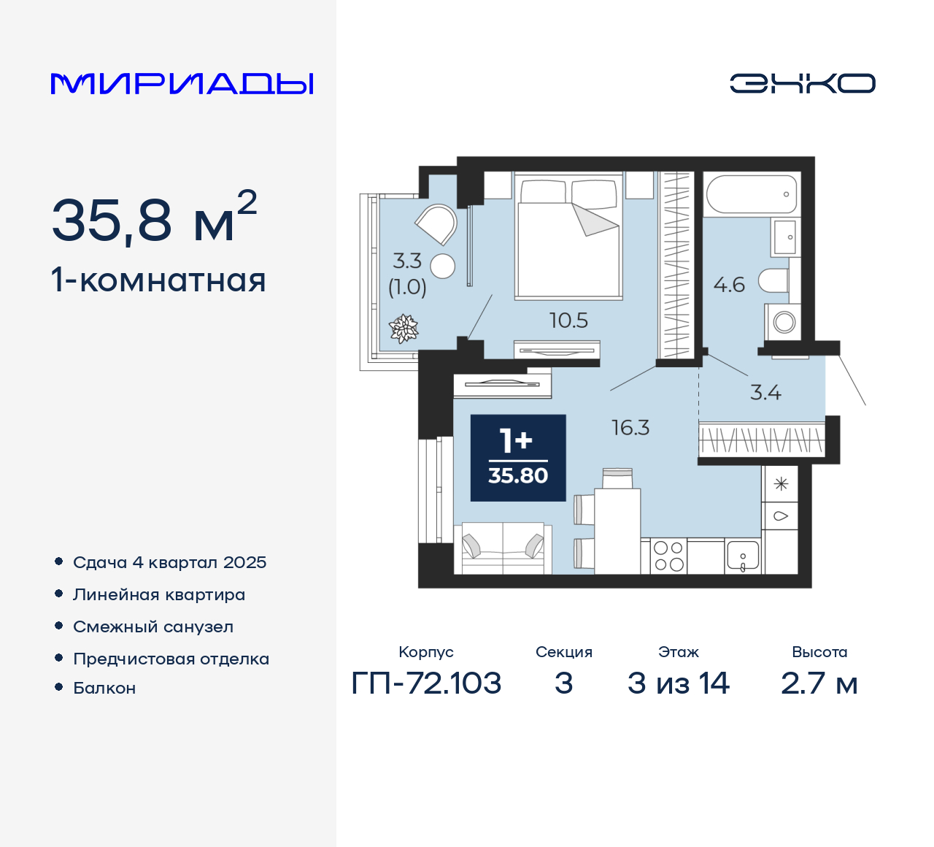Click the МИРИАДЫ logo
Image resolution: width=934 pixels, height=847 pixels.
(x=182, y=83)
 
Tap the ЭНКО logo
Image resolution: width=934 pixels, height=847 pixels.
(x=802, y=83)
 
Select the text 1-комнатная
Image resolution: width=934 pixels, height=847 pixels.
(x=158, y=280)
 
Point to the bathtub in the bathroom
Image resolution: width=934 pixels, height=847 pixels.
(x=752, y=194)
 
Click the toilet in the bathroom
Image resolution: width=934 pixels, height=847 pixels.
(x=774, y=280)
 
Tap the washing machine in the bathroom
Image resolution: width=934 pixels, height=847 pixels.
(x=783, y=321)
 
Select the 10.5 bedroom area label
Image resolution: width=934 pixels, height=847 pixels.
(x=568, y=321)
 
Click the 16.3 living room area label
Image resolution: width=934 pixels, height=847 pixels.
(x=630, y=428)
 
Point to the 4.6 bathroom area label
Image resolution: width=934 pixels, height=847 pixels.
(x=729, y=285)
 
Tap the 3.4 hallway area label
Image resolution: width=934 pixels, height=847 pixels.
(x=765, y=393)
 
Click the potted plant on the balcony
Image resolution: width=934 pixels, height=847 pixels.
(x=404, y=329)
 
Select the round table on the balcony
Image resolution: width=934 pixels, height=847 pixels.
(x=442, y=267)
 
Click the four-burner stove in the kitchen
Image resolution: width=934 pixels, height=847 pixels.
(x=668, y=556)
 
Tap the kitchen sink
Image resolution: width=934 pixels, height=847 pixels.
(x=743, y=556)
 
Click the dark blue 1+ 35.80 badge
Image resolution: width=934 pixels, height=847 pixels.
(x=518, y=458)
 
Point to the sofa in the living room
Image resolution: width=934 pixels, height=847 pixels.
(x=502, y=548)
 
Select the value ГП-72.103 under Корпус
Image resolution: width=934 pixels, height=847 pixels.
(x=426, y=683)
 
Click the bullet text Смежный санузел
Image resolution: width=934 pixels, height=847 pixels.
(x=153, y=626)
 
